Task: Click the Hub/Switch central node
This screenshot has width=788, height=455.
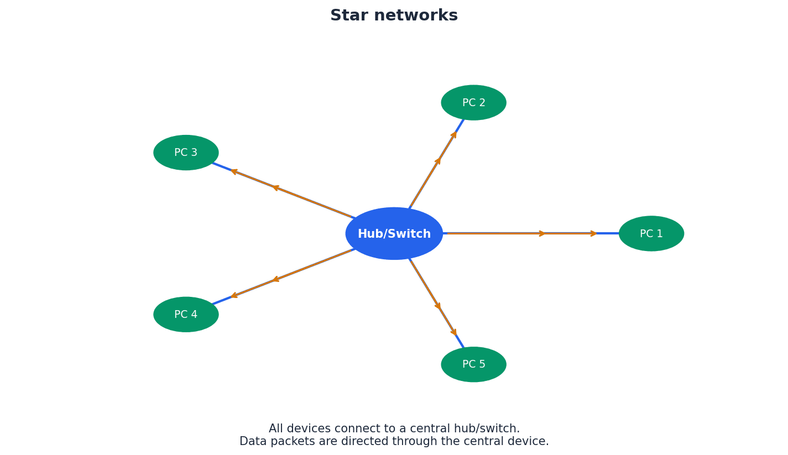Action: click(394, 233)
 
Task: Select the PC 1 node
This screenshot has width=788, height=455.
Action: click(651, 233)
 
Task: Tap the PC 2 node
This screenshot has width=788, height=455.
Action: click(473, 103)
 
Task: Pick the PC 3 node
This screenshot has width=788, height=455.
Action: click(186, 153)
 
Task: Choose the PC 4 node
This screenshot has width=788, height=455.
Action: click(186, 315)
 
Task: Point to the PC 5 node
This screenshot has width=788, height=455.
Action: click(473, 364)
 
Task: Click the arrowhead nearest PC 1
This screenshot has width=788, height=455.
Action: click(594, 233)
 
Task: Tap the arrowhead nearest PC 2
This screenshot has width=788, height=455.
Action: click(455, 134)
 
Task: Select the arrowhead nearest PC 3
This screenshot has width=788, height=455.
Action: click(234, 171)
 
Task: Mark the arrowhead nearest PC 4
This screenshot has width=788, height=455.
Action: click(234, 296)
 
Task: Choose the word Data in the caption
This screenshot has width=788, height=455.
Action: click(253, 442)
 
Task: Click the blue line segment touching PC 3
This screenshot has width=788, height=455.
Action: click(222, 166)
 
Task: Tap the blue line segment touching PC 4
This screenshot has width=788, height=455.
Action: click(222, 301)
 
